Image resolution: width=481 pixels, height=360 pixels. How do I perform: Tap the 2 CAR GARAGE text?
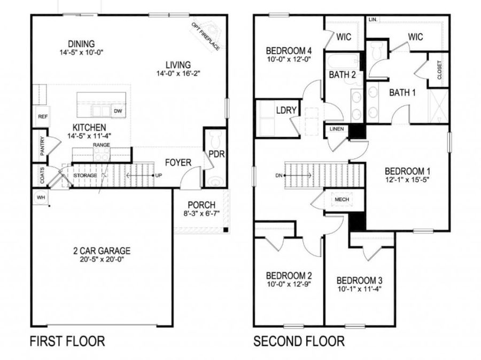point(102,251)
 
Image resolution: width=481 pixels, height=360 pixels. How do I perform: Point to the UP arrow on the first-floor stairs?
point(158,175)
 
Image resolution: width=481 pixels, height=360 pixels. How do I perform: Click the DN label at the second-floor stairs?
point(278,175)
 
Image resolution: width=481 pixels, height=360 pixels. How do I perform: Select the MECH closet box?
point(342,199)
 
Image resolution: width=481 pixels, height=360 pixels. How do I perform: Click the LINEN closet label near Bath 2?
point(337,129)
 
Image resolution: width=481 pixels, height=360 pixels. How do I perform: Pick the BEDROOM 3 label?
point(359,281)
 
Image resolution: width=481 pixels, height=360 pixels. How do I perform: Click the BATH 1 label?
point(402,92)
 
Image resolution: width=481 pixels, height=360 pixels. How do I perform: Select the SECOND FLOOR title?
point(299,341)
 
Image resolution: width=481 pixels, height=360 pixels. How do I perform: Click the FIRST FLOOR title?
point(67,341)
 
